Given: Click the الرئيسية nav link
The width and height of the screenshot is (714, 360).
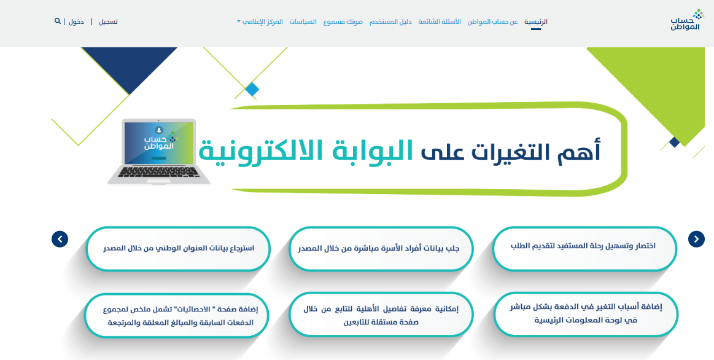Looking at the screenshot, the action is pos(535,22).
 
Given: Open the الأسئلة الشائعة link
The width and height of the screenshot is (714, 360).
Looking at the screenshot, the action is pos(440,22).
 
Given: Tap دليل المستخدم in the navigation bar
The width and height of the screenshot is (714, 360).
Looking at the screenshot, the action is pos(390,22).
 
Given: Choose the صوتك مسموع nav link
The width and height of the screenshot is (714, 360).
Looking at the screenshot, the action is pos(343,22).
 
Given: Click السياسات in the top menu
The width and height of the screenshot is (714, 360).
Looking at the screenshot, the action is pos(303,22).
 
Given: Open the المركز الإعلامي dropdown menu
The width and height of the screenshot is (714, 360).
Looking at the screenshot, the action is pos(260,22).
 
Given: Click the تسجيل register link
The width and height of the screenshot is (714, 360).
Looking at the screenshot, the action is pos(109,22).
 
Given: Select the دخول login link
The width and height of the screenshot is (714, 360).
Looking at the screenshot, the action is pos(76,22).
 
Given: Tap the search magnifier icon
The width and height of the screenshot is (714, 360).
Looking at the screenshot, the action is pos(57,21).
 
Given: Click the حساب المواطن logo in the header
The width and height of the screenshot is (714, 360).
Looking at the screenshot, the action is pos(687,20).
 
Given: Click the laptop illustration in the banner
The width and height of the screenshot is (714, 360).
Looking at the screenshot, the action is pos(159,152).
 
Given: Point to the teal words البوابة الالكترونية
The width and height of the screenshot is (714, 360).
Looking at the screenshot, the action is pos(306,152).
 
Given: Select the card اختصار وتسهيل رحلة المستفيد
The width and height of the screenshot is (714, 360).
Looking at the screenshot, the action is pos(584,248).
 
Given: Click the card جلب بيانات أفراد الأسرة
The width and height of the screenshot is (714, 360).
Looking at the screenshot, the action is pos(381,248).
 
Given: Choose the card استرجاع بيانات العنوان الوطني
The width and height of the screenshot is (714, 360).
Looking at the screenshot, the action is pos(177,248).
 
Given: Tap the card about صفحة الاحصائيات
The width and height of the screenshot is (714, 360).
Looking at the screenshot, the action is pos(177,315).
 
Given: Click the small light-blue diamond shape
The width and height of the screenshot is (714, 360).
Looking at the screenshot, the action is pos(252,89).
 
